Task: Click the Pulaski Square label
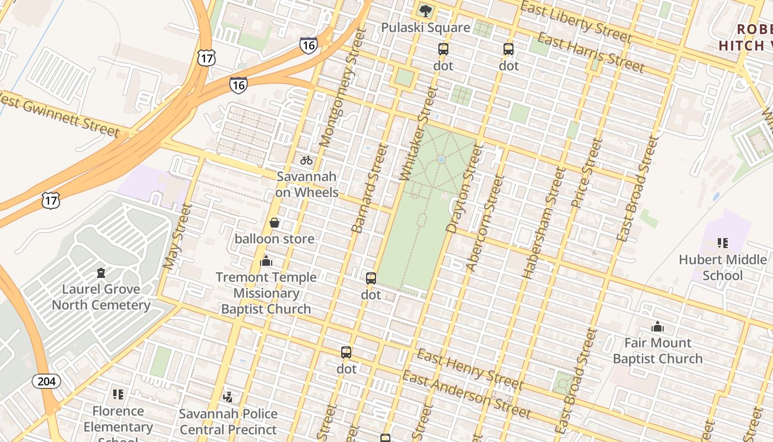point(426,28)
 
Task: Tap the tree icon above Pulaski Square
point(426,10)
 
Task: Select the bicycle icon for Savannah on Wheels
point(306,160)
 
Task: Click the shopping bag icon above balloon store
point(274,223)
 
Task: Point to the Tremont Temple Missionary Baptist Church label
point(266,293)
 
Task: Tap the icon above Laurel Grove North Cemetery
point(101,272)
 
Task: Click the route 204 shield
point(46,381)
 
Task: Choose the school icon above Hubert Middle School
point(722,243)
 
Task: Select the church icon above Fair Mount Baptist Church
point(657,327)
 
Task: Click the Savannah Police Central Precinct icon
point(227,397)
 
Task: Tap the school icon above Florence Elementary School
point(118,394)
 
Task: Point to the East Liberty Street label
point(576,22)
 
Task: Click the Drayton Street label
point(460,190)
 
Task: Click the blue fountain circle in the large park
point(441,159)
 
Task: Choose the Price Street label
point(587,173)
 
